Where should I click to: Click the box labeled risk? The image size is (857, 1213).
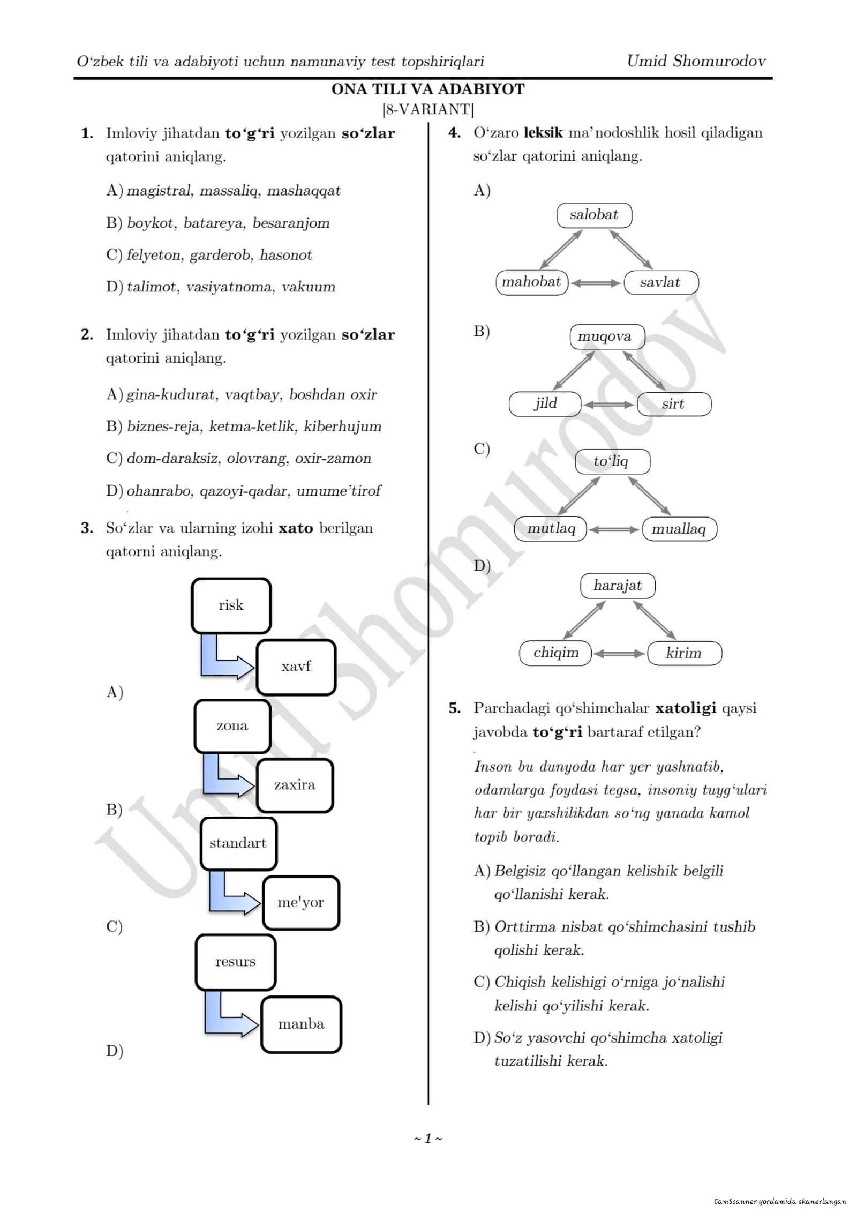[231, 605]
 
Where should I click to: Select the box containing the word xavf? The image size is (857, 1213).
[296, 667]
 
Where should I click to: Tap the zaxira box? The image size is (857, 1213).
[295, 785]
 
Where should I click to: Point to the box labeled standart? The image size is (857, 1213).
[238, 843]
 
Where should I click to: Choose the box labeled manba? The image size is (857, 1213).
[301, 1024]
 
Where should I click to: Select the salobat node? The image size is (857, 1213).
[594, 215]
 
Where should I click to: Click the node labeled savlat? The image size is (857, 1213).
[661, 282]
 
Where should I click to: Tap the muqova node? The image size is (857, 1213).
[607, 336]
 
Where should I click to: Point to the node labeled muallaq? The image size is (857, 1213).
[679, 529]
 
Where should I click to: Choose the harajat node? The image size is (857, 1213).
[618, 586]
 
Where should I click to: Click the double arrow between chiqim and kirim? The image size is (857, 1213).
[619, 654]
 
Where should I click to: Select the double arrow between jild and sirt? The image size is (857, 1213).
[609, 405]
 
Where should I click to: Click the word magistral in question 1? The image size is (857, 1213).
[160, 191]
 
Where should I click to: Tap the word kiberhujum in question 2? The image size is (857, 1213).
[343, 426]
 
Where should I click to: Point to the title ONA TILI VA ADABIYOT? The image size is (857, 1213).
[428, 89]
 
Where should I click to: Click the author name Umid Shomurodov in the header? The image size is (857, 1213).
[696, 61]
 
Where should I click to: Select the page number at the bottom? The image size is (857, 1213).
[428, 1139]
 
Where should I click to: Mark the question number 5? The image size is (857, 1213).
[454, 708]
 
